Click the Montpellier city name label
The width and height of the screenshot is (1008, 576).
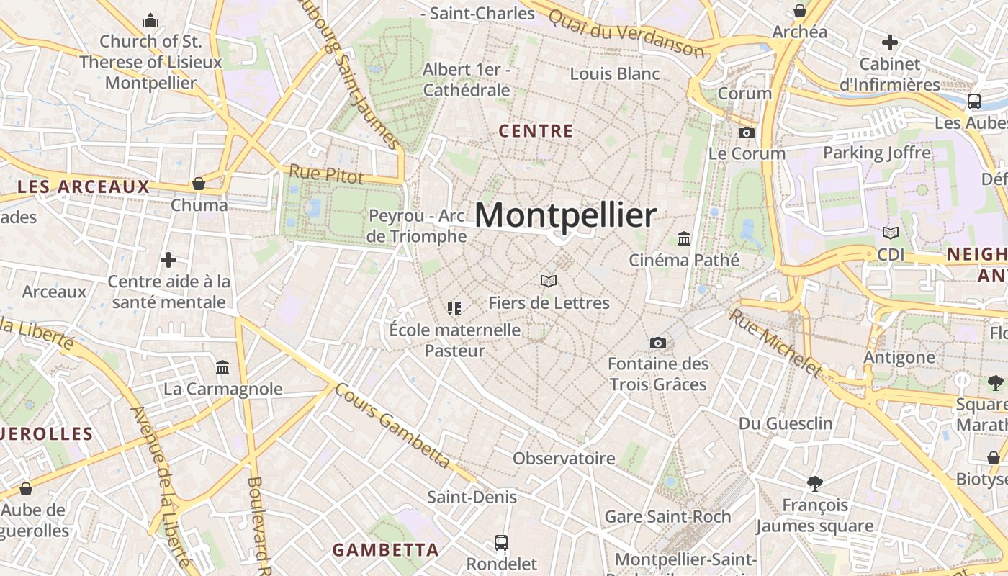pos(565,215)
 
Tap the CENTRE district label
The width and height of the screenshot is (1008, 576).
pos(536,131)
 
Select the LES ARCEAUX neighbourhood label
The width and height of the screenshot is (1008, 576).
pos(83,187)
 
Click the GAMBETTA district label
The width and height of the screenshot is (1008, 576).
pos(385,550)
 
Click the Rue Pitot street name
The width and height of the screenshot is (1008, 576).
pos(326,174)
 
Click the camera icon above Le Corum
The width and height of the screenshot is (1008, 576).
pos(747,132)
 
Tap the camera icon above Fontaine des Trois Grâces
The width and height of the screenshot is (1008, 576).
pos(657,343)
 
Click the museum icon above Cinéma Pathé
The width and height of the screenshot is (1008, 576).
pos(684,238)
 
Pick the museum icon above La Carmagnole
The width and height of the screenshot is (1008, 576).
pos(222,368)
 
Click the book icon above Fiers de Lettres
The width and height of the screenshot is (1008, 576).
pos(549,281)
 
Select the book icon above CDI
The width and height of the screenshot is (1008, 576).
pos(891,233)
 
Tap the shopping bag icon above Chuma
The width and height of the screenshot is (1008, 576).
pos(199,184)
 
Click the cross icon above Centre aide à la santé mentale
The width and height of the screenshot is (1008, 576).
pos(168,259)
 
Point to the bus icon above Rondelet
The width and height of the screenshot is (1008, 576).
pos(501,542)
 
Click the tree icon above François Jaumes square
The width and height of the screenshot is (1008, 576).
pos(815,483)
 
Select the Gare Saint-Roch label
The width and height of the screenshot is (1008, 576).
pos(667,516)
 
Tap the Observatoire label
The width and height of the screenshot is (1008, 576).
pos(564,458)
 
